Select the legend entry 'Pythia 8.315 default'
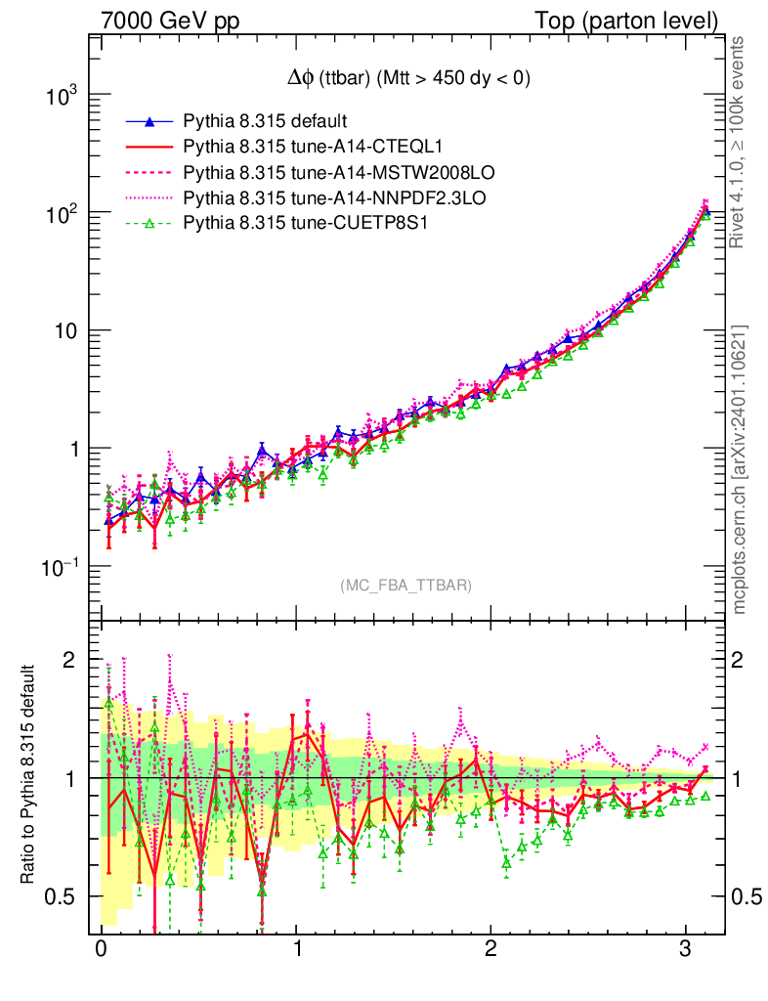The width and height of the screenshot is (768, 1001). (265, 122)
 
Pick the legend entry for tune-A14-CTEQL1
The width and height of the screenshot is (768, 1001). (314, 148)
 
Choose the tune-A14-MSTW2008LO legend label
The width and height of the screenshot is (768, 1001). (337, 173)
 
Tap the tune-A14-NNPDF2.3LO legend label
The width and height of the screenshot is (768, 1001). (334, 198)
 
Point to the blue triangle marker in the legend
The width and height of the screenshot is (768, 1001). (149, 122)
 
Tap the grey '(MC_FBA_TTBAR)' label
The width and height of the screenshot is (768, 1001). (406, 586)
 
